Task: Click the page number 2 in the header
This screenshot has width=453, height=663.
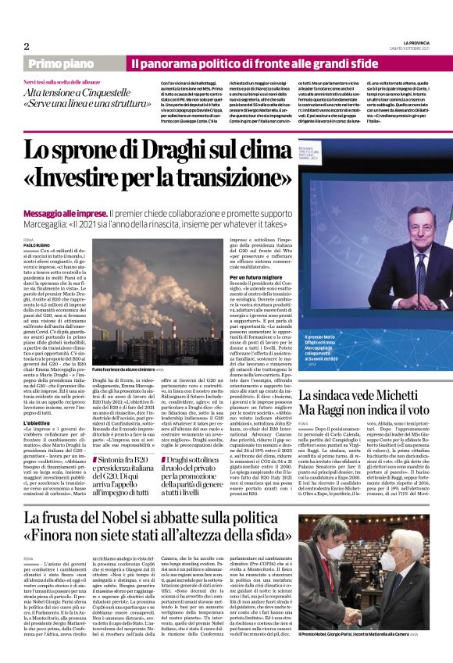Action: (27, 45)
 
